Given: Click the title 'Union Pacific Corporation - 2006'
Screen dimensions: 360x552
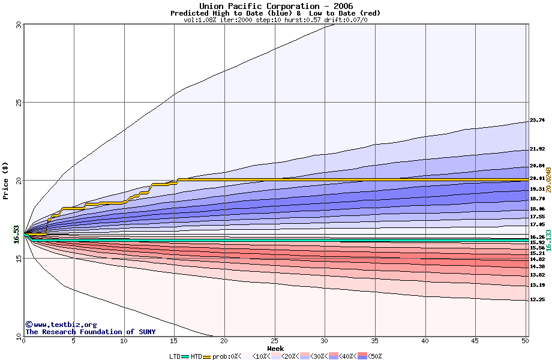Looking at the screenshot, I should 276,6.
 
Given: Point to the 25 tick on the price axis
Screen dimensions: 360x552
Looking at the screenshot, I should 19,102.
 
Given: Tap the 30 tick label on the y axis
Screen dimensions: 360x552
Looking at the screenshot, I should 19,25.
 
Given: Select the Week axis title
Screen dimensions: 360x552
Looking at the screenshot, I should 275,349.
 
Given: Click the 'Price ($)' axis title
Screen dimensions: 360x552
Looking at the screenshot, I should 5,180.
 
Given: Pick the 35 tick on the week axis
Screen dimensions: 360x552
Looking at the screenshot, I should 375,341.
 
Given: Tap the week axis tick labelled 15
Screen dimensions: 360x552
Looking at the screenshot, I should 174,341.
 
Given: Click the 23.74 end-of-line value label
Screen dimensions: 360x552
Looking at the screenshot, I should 537,121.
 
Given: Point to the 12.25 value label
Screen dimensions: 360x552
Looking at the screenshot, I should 537,299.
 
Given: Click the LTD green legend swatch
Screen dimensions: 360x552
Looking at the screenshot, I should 185,356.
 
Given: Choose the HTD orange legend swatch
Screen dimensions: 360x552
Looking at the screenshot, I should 208,356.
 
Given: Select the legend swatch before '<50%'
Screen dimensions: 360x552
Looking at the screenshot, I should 362,356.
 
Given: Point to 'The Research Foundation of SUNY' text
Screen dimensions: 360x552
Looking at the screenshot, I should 90,332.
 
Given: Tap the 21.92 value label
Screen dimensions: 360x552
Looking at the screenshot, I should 537,149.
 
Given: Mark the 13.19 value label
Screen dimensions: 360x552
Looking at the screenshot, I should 537,285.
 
